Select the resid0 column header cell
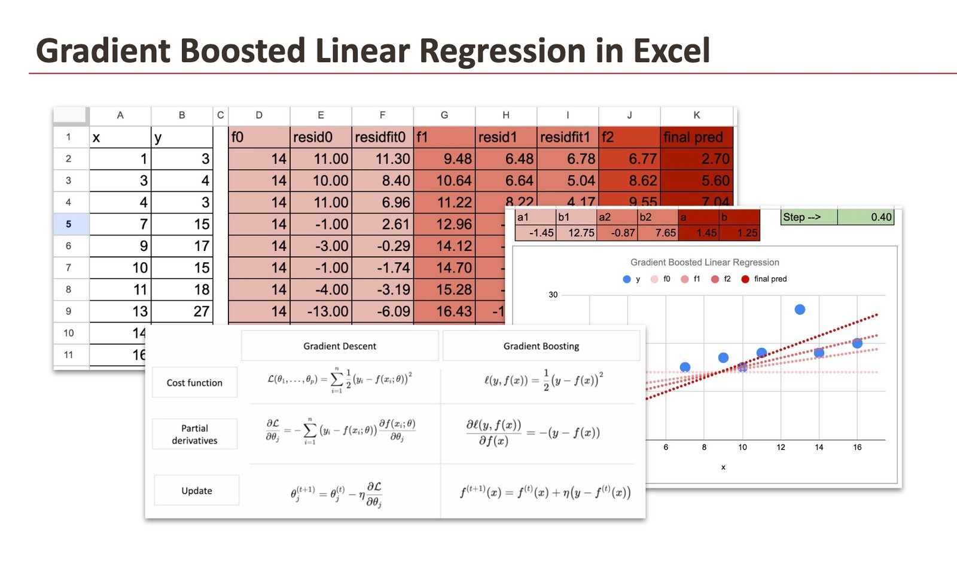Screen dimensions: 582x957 tap(321, 137)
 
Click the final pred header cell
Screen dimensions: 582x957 tap(696, 137)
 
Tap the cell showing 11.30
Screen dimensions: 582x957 tap(383, 159)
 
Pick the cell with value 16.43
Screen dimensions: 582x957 tap(444, 311)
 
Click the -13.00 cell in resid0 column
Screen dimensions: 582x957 tap(321, 311)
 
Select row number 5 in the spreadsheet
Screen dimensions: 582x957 tap(69, 224)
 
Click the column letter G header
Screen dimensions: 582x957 tap(444, 115)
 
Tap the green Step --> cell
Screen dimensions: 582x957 tap(809, 217)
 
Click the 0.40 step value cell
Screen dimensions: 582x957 tap(866, 217)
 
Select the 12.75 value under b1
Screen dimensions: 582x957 tap(577, 232)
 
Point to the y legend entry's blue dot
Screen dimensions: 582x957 tap(627, 279)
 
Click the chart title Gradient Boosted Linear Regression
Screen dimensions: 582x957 tap(705, 262)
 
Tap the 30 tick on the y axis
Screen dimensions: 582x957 tap(553, 295)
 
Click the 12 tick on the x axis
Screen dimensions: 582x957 tap(781, 447)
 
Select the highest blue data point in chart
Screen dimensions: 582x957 tap(800, 310)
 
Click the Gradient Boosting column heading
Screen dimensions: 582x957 tap(541, 347)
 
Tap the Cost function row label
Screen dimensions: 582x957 tap(194, 383)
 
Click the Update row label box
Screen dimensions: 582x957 tap(197, 491)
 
